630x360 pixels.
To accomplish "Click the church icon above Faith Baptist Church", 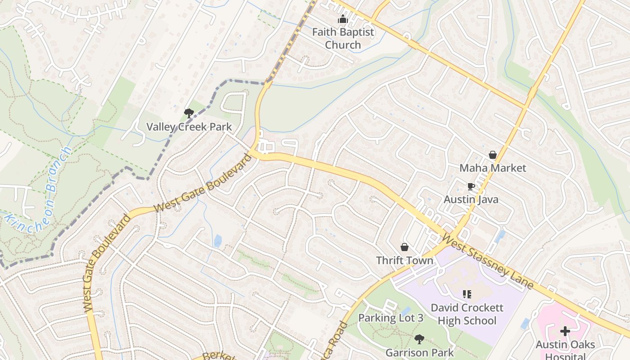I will pyautogui.click(x=343, y=19).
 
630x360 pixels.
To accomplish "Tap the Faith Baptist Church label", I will pyautogui.click(x=343, y=39).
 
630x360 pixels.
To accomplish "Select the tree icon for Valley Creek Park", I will pyautogui.click(x=189, y=113).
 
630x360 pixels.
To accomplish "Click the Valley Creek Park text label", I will pyautogui.click(x=189, y=127).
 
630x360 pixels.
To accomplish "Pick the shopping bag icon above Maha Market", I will pyautogui.click(x=493, y=155).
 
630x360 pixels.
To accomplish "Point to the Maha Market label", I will pyautogui.click(x=493, y=168).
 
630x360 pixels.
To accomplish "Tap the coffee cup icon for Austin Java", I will pyautogui.click(x=471, y=187).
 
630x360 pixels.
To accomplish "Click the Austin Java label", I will pyautogui.click(x=471, y=199).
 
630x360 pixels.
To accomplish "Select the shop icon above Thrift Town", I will pyautogui.click(x=405, y=247).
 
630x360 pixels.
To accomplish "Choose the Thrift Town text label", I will pyautogui.click(x=405, y=261).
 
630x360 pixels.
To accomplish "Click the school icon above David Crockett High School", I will pyautogui.click(x=467, y=294).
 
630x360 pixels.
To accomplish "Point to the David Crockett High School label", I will pyautogui.click(x=467, y=314).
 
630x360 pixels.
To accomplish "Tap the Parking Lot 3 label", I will pyautogui.click(x=391, y=318).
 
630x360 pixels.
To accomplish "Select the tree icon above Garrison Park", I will pyautogui.click(x=419, y=339).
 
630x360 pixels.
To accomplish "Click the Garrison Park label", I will pyautogui.click(x=419, y=352).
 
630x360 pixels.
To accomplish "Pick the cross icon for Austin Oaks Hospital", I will pyautogui.click(x=565, y=332).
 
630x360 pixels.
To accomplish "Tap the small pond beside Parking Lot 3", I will pyautogui.click(x=406, y=311).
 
